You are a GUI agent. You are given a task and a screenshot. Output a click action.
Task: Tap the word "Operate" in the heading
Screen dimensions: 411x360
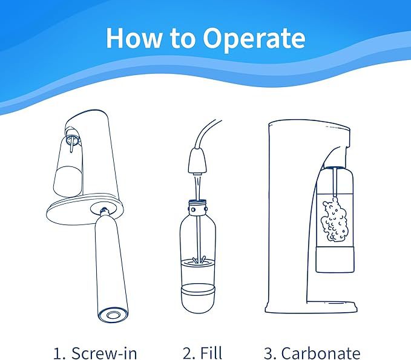click(254, 39)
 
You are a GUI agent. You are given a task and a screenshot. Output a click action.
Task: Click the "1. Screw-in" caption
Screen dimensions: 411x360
click(95, 353)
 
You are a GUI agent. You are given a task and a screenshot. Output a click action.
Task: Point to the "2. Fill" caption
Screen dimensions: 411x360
click(202, 353)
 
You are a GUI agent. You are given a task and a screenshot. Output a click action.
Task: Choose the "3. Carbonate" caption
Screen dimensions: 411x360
click(312, 353)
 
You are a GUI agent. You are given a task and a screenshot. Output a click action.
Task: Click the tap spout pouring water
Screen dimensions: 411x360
click(197, 161)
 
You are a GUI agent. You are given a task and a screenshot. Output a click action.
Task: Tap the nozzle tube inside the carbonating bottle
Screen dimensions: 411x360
click(335, 182)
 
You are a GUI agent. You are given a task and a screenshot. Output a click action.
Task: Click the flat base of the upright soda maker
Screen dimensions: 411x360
click(311, 307)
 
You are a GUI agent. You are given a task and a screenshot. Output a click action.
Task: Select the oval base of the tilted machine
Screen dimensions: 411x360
click(84, 209)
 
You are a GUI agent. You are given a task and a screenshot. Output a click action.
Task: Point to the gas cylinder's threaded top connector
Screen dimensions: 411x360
click(104, 211)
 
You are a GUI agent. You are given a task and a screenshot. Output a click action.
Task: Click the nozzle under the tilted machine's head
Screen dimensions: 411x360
click(71, 143)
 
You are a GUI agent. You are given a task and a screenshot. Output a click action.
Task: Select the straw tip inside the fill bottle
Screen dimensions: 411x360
click(199, 260)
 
